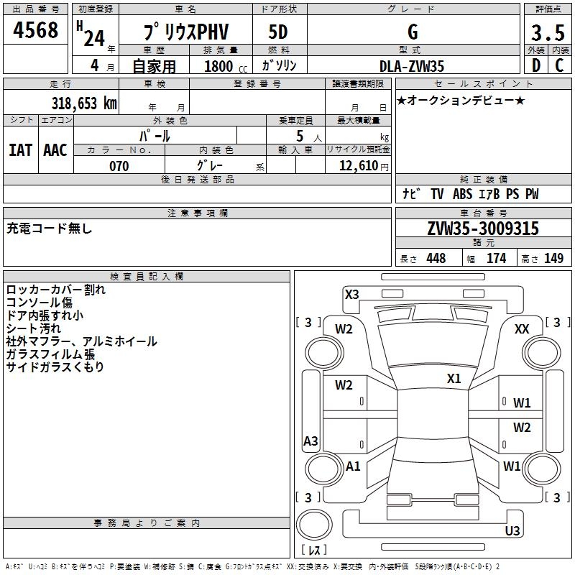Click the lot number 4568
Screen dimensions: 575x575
point(36,31)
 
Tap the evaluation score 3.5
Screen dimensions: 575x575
point(546,33)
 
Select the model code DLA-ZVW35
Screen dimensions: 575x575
point(412,66)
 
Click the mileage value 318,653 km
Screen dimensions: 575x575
point(83,103)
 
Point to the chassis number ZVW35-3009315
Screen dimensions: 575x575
point(483,229)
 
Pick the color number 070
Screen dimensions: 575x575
point(119,166)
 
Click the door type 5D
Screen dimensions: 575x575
point(278,33)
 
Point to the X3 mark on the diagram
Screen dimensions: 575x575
point(351,294)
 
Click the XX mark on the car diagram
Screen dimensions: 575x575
point(523,328)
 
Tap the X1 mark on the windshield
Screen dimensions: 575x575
point(454,379)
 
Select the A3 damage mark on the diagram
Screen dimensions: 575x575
point(310,441)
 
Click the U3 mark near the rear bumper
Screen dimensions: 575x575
point(512,531)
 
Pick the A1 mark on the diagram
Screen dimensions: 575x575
point(353,466)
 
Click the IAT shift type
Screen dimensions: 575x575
point(20,150)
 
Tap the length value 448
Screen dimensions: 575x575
point(436,259)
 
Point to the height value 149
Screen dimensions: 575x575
point(553,259)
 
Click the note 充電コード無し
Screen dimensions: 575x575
point(50,229)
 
